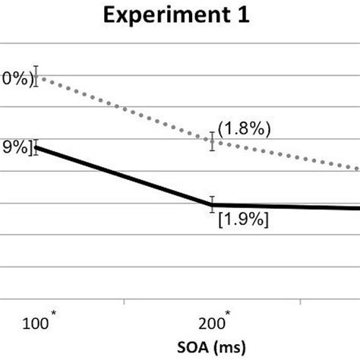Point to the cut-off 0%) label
click(15, 78)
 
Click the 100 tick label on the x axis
click(38, 324)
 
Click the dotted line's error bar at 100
click(36, 77)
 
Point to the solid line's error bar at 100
click(36, 147)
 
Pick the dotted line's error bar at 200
click(213, 141)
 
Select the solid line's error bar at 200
click(213, 204)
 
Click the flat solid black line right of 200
click(289, 207)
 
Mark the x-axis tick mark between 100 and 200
click(125, 302)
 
